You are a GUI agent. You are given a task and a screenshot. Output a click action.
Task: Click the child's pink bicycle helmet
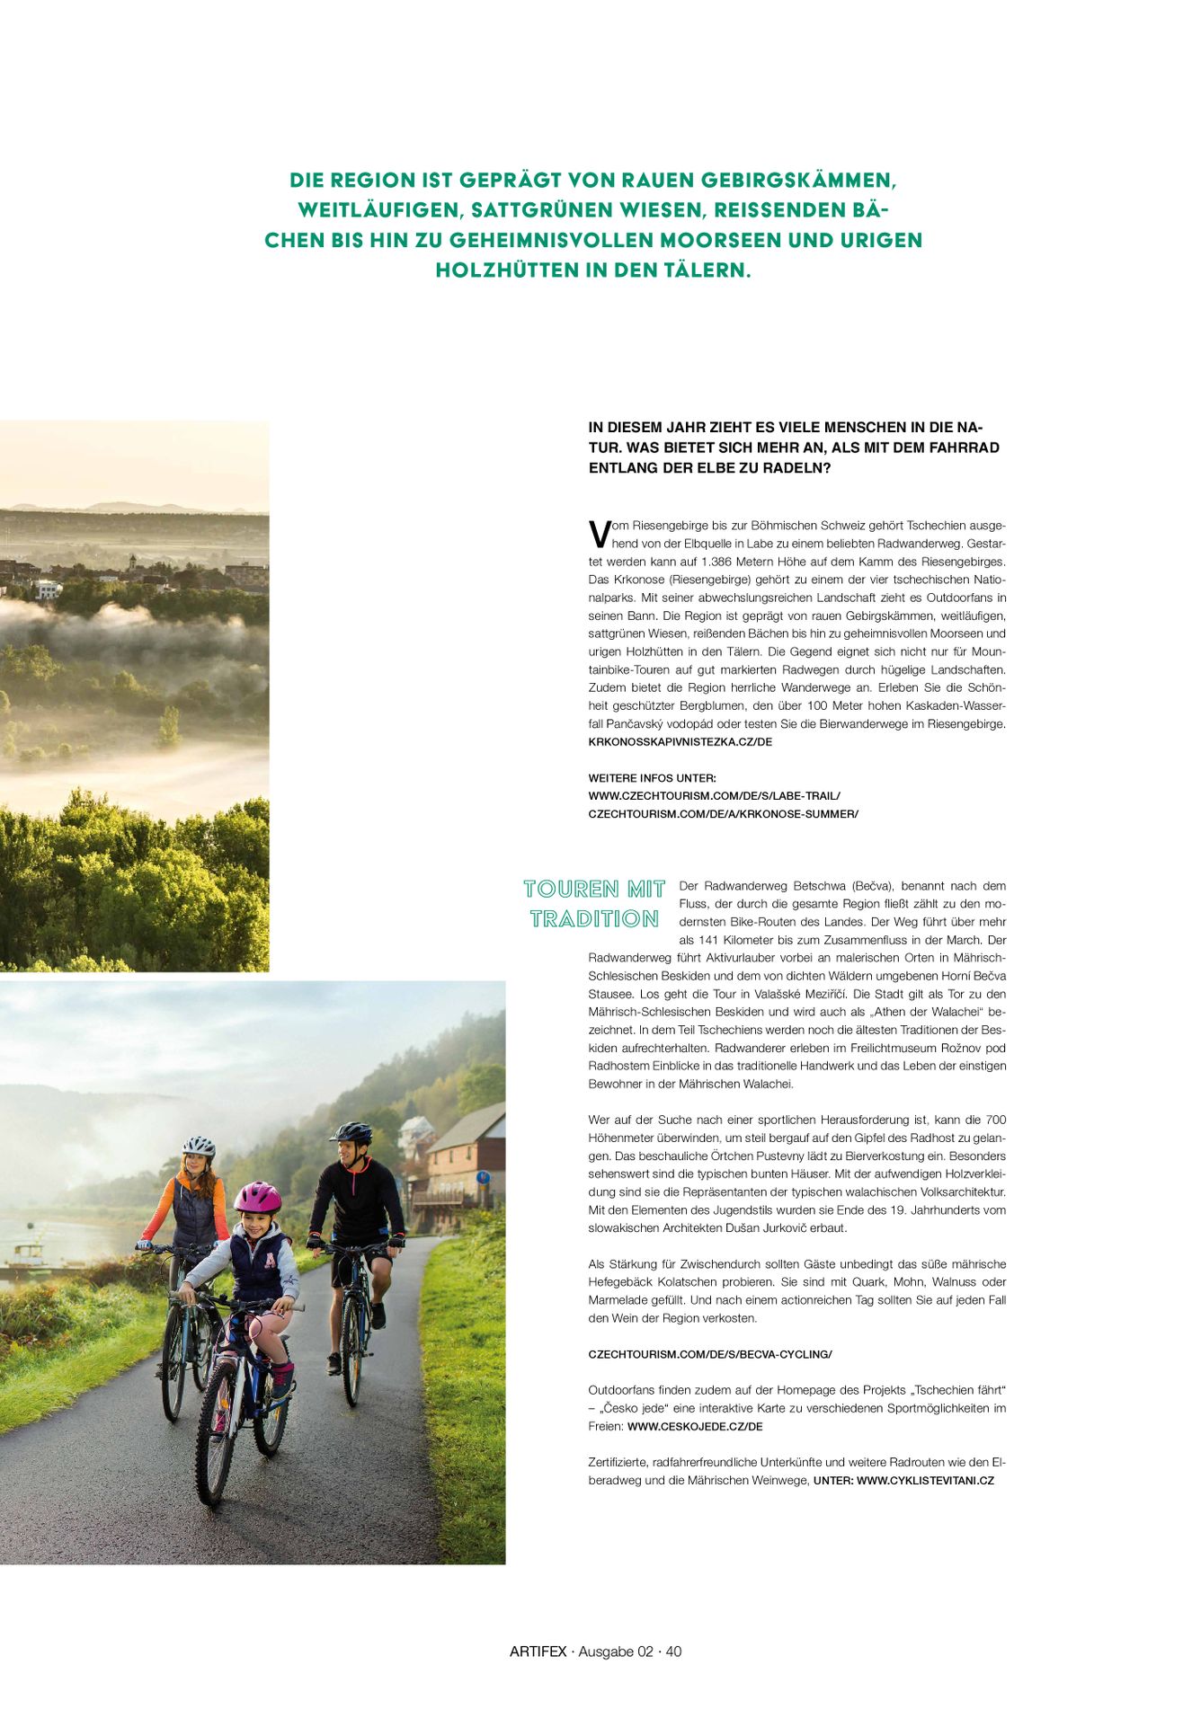(x=257, y=1198)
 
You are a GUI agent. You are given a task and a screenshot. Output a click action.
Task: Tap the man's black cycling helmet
(x=351, y=1132)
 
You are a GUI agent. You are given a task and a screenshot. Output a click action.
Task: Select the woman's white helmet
(x=199, y=1147)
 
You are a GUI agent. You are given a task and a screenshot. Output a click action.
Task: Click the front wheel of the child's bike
(x=216, y=1447)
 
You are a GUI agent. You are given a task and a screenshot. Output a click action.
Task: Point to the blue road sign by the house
(x=484, y=1177)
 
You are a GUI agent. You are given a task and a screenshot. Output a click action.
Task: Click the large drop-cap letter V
(x=599, y=534)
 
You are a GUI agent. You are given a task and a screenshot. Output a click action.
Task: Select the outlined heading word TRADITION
(x=594, y=919)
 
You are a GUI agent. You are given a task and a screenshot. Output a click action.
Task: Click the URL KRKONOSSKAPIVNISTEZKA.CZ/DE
(x=680, y=742)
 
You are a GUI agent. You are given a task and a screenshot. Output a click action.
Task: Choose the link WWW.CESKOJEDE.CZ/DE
(x=695, y=1426)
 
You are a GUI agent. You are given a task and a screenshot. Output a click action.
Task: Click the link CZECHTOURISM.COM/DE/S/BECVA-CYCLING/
(x=710, y=1354)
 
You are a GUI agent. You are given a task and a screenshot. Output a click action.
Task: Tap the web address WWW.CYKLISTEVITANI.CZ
(x=925, y=1480)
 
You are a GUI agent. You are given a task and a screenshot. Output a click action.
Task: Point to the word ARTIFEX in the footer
(x=538, y=1652)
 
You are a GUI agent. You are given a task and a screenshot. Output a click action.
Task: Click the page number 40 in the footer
(x=673, y=1652)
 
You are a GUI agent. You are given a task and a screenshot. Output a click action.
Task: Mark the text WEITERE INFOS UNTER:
(x=652, y=778)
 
